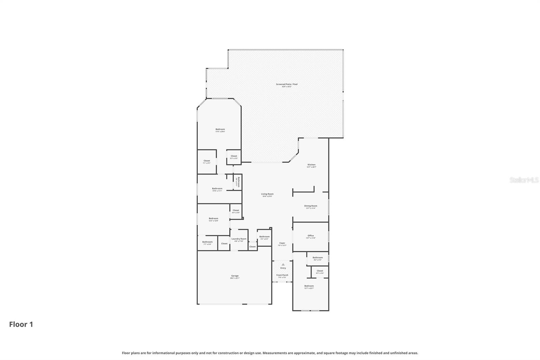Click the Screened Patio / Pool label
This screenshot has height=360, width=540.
[287, 84]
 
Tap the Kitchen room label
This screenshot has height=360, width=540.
[311, 165]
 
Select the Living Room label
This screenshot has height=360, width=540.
[267, 194]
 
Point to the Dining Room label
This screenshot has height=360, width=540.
[310, 206]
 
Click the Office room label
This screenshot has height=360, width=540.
[310, 236]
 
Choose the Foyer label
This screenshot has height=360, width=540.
[282, 243]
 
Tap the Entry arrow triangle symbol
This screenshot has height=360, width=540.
[283, 264]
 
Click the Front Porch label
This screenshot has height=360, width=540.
[282, 275]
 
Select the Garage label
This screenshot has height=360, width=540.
[235, 276]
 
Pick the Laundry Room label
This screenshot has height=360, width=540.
[239, 239]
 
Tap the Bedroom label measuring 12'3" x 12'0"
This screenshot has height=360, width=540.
[213, 218]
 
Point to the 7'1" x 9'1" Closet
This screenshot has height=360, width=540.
[207, 161]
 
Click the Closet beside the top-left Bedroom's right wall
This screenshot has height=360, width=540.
[234, 156]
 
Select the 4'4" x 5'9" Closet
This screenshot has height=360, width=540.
[236, 210]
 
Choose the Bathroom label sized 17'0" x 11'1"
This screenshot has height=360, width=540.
[217, 189]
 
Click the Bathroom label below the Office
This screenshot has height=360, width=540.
[318, 258]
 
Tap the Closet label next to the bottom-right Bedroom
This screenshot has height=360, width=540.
[320, 271]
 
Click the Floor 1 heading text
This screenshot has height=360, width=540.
[21, 325]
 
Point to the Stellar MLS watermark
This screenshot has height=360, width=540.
[524, 180]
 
